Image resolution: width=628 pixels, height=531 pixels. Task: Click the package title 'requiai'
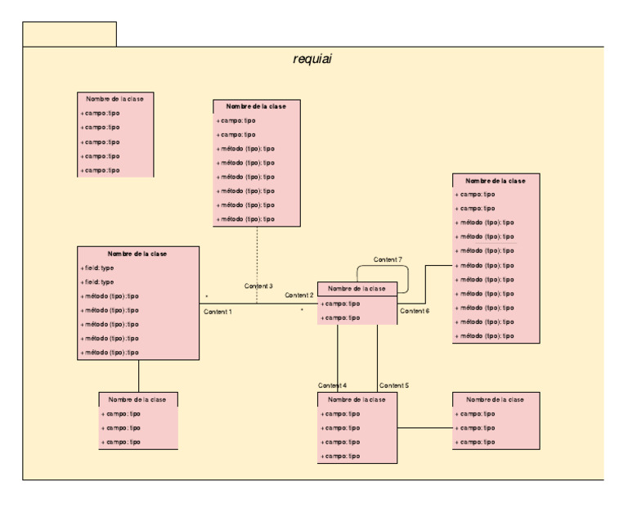pyautogui.click(x=312, y=59)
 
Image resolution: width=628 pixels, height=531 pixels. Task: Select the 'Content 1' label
pyautogui.click(x=218, y=312)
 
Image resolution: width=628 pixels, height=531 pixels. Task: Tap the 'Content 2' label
pyautogui.click(x=299, y=295)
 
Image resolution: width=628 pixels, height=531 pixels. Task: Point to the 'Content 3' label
pyautogui.click(x=258, y=286)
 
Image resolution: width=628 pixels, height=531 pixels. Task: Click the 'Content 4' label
pyautogui.click(x=333, y=385)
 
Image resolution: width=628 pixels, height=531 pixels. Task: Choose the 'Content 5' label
pyautogui.click(x=394, y=385)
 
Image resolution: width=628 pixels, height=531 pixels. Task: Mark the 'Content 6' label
pyautogui.click(x=415, y=311)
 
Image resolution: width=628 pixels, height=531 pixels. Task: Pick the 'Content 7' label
pyautogui.click(x=388, y=259)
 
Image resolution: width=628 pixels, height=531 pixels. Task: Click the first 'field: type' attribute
pyautogui.click(x=97, y=268)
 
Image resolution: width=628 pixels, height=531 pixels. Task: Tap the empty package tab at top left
pyautogui.click(x=70, y=34)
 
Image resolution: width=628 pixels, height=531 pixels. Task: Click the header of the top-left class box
pyautogui.click(x=114, y=98)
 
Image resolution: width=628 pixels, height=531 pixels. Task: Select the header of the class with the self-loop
pyautogui.click(x=357, y=288)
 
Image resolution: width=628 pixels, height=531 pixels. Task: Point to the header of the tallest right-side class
pyautogui.click(x=496, y=180)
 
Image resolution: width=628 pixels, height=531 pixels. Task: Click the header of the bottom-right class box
pyautogui.click(x=496, y=399)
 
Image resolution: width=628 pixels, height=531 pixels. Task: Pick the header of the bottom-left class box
pyautogui.click(x=138, y=399)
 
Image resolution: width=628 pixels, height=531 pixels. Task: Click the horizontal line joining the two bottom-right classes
pyautogui.click(x=424, y=428)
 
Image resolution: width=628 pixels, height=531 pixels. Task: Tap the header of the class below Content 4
pyautogui.click(x=357, y=399)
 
